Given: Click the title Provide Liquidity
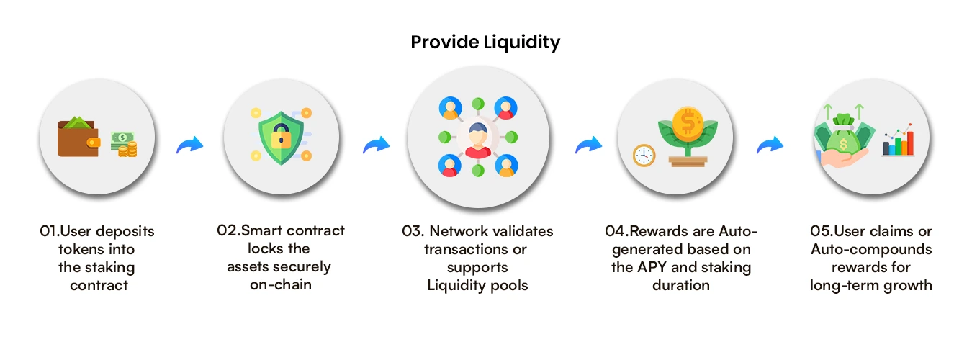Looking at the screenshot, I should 485,42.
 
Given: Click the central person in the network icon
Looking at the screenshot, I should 477,138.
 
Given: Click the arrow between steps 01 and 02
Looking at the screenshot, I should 190,146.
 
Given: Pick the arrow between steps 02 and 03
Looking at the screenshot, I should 375,146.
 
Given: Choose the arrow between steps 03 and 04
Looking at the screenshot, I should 588,146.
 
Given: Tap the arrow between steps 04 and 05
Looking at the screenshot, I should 770,146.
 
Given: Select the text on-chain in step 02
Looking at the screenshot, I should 279,284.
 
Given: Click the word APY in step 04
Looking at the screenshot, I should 652,267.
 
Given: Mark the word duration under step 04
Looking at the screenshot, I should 681,285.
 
